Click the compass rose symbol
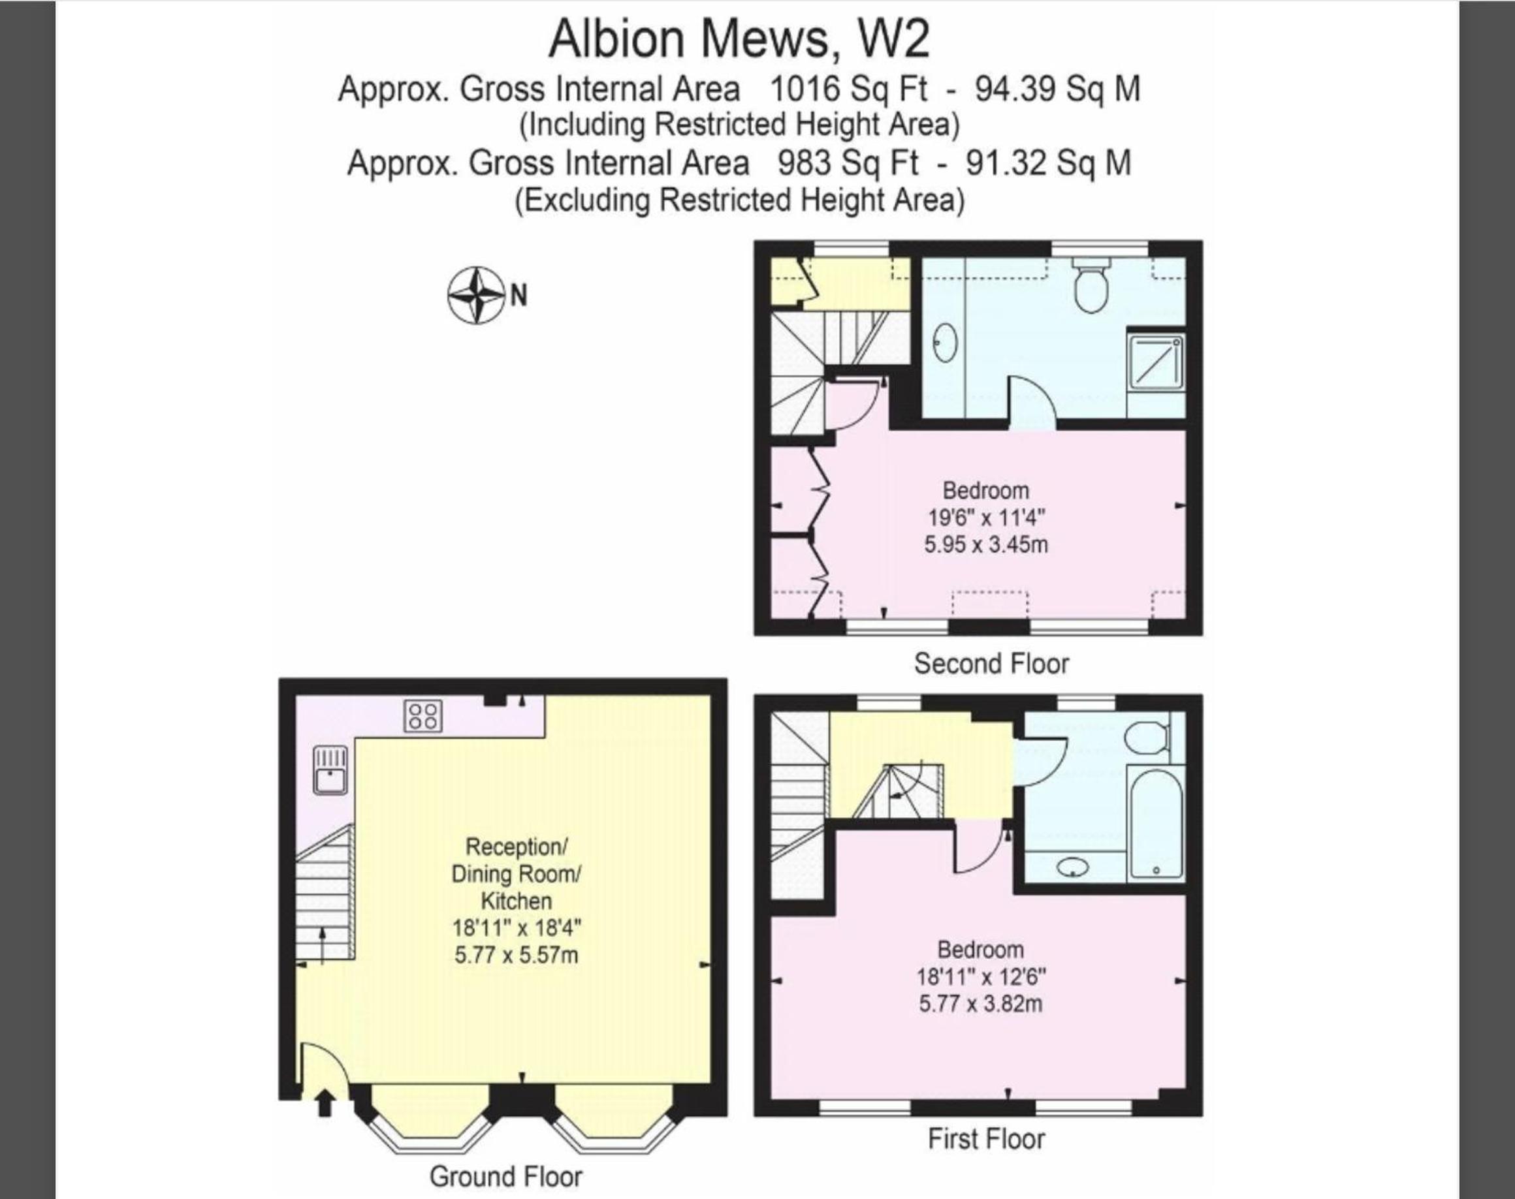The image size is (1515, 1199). [x=476, y=295]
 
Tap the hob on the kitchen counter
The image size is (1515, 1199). [x=423, y=716]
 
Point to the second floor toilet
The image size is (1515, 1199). [x=1091, y=284]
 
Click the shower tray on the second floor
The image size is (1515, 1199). [x=1155, y=364]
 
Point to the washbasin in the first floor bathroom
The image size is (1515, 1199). [x=1072, y=867]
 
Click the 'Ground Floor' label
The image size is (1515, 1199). [x=505, y=1177]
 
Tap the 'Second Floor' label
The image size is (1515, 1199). [x=991, y=663]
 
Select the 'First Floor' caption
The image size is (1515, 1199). [x=986, y=1139]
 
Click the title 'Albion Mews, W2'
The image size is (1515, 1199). [x=739, y=39]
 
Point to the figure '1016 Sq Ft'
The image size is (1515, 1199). [x=848, y=89]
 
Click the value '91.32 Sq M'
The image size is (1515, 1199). [x=1048, y=163]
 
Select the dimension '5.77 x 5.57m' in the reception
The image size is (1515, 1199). [x=517, y=956]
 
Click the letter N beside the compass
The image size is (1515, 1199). [x=518, y=296]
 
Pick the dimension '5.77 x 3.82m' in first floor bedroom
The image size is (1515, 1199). [x=980, y=1004]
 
